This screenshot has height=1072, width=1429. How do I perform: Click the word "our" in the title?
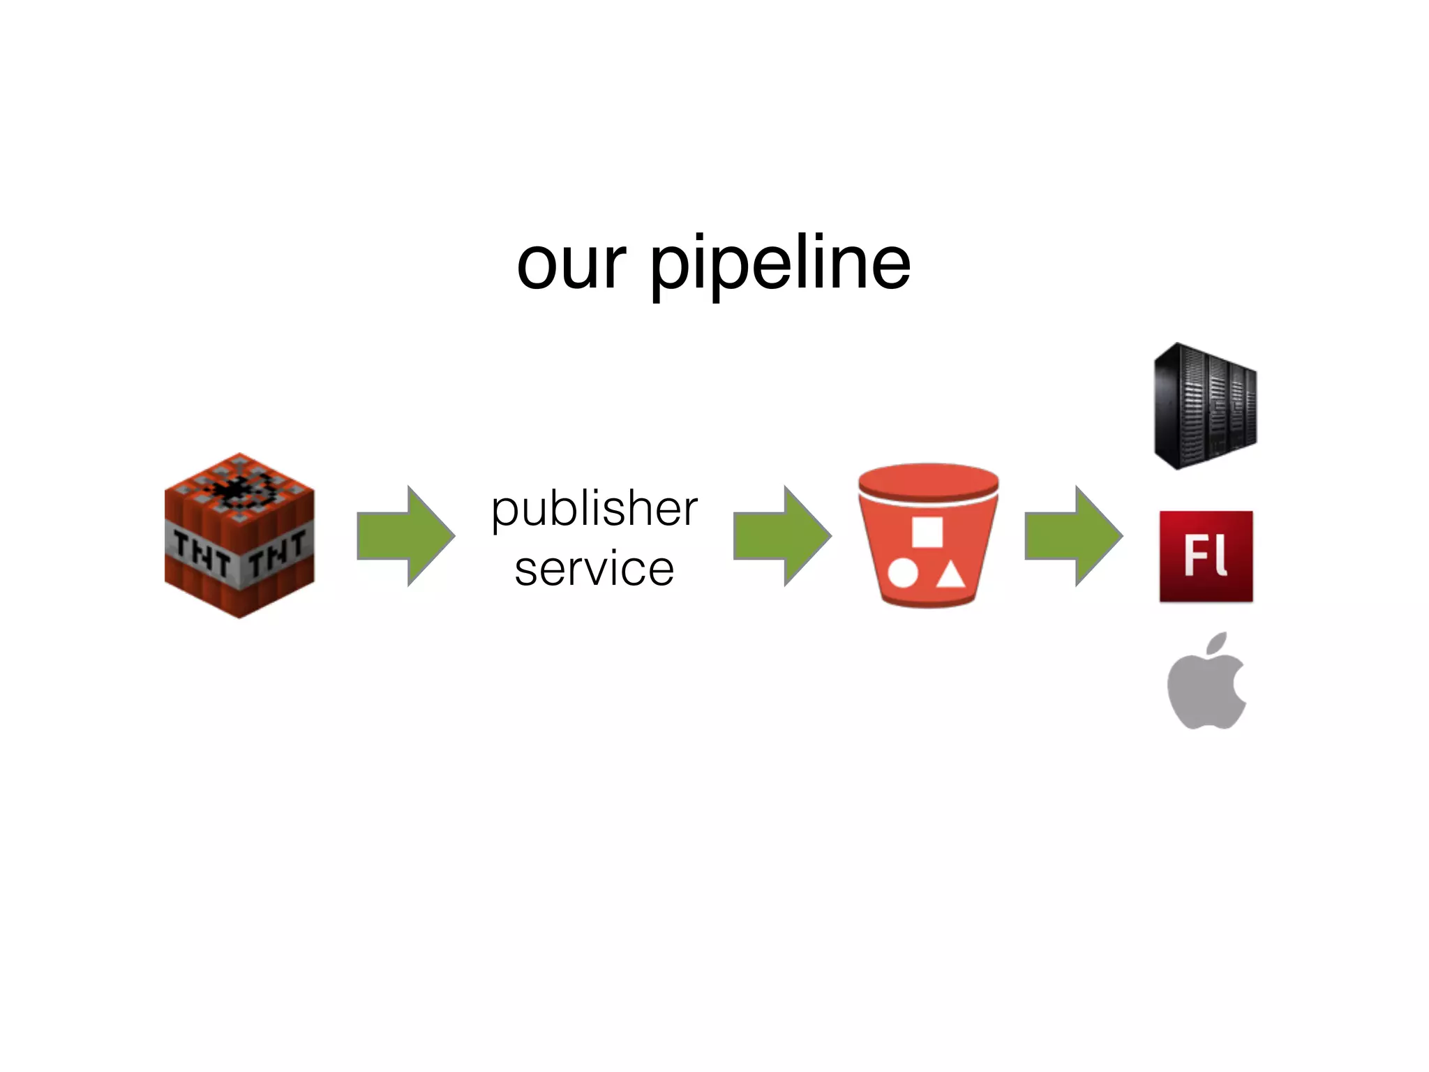571,265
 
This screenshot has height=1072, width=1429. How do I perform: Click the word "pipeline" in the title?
780,265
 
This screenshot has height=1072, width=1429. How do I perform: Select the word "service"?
594,568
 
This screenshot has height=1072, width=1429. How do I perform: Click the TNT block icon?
239,536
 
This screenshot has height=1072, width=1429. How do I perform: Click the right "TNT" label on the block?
278,551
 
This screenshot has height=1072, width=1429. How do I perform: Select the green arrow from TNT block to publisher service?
405,536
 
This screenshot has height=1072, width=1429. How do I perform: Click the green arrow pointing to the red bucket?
781,536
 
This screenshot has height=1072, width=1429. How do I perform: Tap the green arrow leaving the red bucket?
1073,536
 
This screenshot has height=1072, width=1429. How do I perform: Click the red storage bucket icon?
928,551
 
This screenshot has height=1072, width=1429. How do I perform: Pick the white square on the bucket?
927,533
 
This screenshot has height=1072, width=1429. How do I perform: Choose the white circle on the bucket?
903,573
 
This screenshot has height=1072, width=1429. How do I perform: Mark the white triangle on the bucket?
950,575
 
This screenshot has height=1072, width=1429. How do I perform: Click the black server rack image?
1205,406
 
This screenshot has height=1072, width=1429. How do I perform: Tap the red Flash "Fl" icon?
1206,556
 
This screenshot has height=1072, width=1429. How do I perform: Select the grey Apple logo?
1206,691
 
